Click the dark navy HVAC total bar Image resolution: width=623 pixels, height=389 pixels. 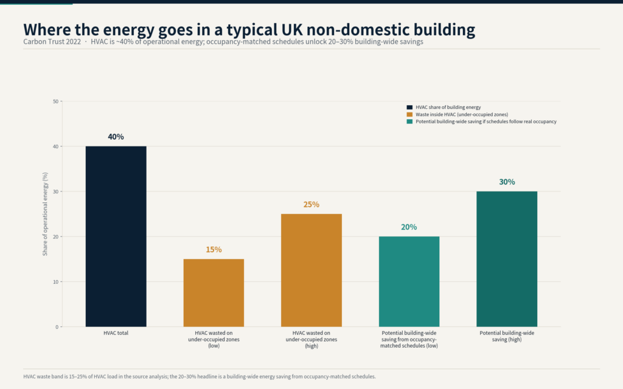click(x=116, y=236)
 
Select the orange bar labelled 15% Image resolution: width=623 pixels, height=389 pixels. click(x=214, y=293)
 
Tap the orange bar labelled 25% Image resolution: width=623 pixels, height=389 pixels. click(x=311, y=270)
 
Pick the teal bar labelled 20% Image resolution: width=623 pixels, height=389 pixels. click(x=409, y=282)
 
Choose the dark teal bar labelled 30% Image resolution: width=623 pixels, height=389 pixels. click(x=507, y=259)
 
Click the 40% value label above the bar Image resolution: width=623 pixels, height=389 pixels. click(x=116, y=137)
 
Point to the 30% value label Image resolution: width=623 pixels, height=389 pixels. click(x=507, y=182)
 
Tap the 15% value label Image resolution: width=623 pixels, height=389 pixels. click(x=214, y=250)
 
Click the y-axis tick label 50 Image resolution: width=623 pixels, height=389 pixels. click(x=55, y=102)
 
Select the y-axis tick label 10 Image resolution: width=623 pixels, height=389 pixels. click(x=55, y=282)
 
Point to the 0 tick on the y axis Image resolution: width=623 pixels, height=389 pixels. click(x=57, y=327)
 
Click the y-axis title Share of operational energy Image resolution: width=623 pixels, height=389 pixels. click(x=45, y=214)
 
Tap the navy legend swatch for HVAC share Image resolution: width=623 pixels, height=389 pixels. click(x=409, y=107)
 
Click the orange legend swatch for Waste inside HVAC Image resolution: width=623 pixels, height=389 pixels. click(x=409, y=114)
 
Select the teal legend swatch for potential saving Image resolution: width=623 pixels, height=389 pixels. click(x=409, y=122)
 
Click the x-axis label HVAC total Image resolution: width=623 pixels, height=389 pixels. click(x=116, y=333)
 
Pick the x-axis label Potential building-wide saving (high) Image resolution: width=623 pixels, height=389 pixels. click(x=507, y=336)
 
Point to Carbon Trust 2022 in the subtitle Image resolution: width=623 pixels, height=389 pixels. click(x=52, y=42)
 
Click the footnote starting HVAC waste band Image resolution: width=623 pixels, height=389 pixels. click(x=200, y=377)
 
